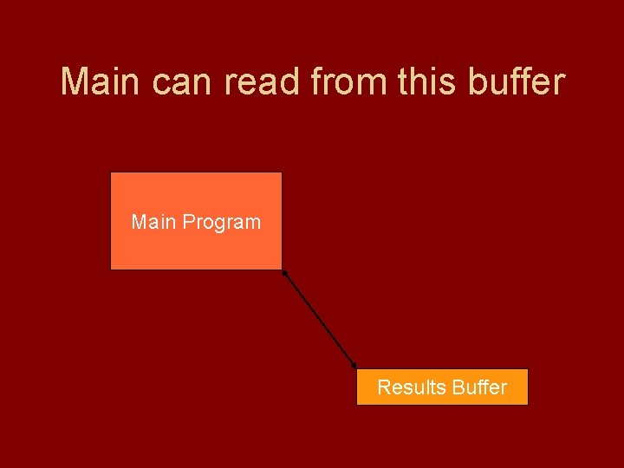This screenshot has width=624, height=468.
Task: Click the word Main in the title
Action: [x=101, y=82]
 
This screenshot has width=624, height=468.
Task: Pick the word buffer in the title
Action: [x=516, y=82]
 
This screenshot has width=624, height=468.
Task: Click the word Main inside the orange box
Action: [x=152, y=222]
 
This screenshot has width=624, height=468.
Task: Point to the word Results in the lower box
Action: [x=407, y=387]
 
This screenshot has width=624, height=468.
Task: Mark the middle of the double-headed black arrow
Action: [x=320, y=319]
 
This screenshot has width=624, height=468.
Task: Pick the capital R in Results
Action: [x=383, y=387]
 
